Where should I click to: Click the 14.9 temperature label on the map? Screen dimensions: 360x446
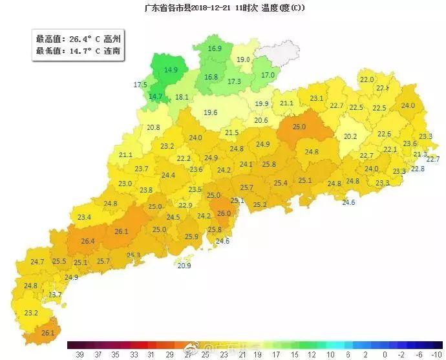[x=171, y=70]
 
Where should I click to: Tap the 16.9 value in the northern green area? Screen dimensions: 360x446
[x=215, y=48]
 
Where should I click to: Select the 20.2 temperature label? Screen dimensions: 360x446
[x=350, y=136]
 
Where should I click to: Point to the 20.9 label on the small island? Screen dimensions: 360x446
[x=184, y=266]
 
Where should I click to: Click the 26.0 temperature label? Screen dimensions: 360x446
[x=224, y=213]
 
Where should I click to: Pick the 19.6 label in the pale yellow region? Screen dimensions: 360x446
[x=211, y=112]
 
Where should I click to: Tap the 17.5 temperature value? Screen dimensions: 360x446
[x=140, y=85]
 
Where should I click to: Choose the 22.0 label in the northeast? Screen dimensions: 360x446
[x=366, y=79]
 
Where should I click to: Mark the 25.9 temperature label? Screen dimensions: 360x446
[x=192, y=237]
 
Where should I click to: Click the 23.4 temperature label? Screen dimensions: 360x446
[x=84, y=217]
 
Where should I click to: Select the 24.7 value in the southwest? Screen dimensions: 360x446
[x=37, y=262]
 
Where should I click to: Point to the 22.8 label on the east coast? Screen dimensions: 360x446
[x=418, y=169]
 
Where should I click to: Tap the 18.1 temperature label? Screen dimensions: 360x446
[x=182, y=98]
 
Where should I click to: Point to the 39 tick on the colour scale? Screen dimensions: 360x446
[x=81, y=355]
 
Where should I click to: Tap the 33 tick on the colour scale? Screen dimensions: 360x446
[x=134, y=355]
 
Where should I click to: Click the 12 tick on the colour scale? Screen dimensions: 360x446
[x=313, y=355]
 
